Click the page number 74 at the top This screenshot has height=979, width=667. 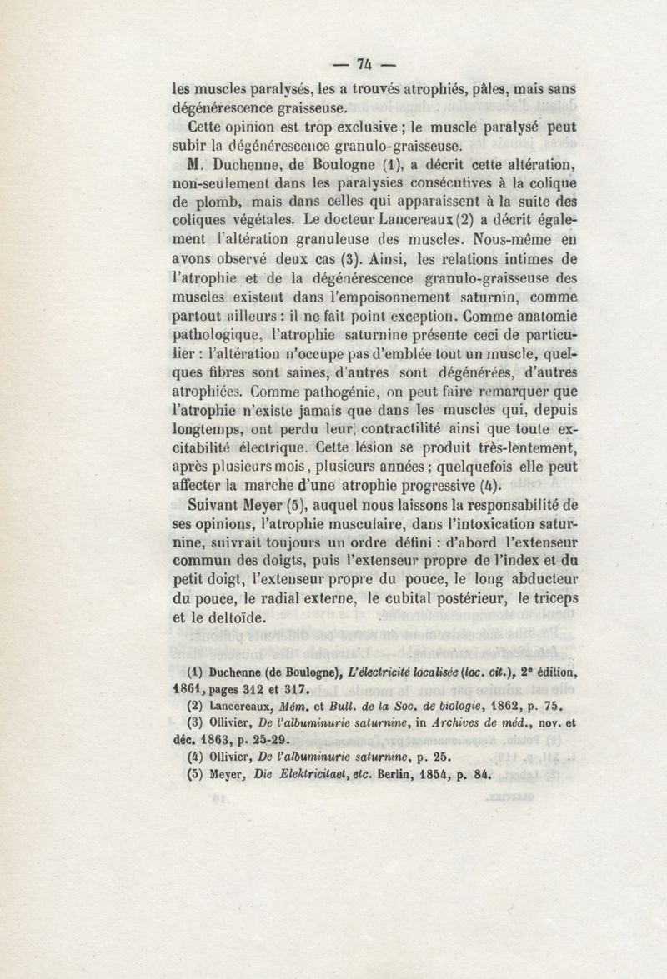pos(363,63)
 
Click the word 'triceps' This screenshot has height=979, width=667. pos(549,598)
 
